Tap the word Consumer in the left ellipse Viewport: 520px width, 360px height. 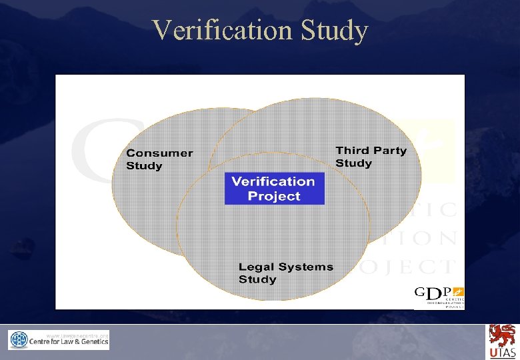coord(159,153)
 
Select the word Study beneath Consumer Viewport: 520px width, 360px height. coord(144,166)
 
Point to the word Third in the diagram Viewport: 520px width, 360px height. coord(352,151)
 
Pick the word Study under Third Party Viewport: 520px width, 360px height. coord(353,163)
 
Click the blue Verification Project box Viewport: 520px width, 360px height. coord(274,189)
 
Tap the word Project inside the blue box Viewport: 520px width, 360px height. coord(274,196)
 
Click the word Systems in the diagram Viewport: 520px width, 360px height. coord(305,267)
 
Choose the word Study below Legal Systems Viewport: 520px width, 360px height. coord(257,279)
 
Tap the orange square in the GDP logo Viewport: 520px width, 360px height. coord(458,291)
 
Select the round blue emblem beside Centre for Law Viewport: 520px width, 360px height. coord(19,341)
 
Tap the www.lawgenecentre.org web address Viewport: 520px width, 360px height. coord(77,333)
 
